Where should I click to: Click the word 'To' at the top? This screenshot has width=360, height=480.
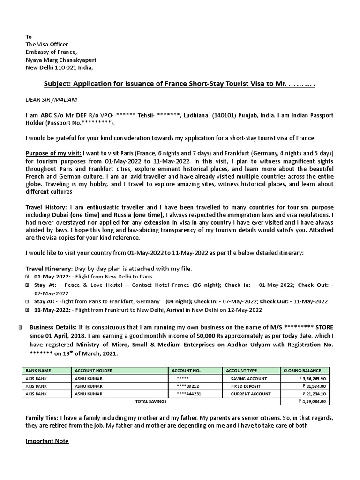(29, 37)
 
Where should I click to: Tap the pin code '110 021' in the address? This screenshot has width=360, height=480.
(67, 67)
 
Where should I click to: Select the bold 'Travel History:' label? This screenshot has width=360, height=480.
(46, 207)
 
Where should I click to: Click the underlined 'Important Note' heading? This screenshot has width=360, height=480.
(47, 441)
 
